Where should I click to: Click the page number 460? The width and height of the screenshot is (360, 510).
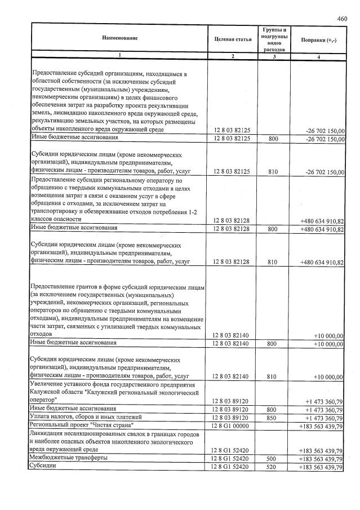tap(342, 19)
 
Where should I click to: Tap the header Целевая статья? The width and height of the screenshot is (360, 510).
tap(232, 39)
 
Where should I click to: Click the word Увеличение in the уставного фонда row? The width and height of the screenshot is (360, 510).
tap(49, 383)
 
